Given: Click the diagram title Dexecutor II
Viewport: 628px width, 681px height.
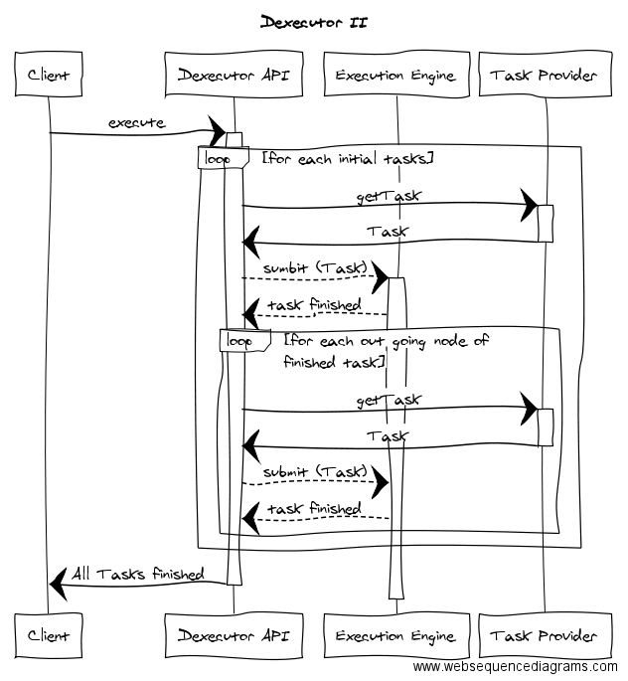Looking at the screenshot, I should point(313,22).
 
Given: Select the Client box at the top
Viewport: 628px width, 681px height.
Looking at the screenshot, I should point(49,75).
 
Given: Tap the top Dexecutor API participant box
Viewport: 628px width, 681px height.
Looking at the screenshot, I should point(234,75).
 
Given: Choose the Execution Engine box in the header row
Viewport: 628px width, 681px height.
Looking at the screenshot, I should point(394,75).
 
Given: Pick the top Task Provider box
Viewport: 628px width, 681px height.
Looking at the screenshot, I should point(545,75).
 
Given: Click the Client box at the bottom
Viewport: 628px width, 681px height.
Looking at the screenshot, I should point(49,635).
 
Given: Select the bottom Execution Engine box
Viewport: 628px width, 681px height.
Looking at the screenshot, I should point(394,635).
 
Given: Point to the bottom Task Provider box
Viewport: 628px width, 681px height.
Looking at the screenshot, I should point(545,635).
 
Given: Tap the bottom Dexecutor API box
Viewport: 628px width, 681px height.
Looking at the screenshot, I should point(234,635).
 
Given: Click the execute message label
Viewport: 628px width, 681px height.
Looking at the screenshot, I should point(137,122).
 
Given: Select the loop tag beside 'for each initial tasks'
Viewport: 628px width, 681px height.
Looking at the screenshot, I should point(218,158).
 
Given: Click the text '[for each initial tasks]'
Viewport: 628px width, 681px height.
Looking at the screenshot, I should point(347,158).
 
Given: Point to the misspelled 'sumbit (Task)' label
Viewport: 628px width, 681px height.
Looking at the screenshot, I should point(315,268).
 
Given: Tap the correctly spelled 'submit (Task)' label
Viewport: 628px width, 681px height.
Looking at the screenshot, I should point(315,470).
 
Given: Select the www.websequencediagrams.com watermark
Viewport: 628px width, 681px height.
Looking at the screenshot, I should point(515,667).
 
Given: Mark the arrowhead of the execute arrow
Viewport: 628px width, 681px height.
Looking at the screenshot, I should point(217,132).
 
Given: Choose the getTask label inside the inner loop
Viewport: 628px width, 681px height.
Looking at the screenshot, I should point(389,400).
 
